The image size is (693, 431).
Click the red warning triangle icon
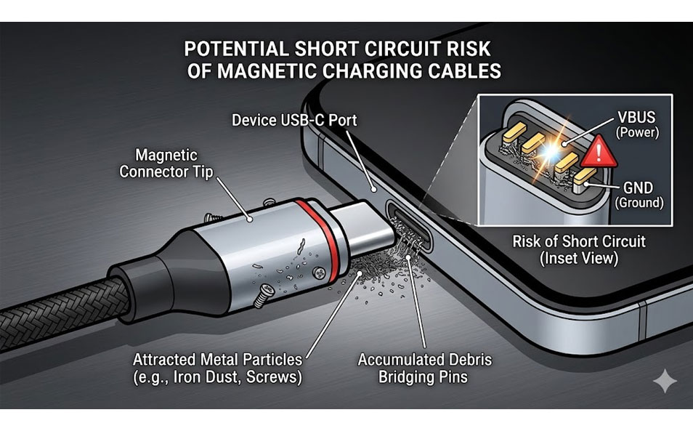599,152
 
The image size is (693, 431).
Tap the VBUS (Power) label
637,124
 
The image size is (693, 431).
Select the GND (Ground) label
639,195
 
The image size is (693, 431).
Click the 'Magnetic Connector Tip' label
166,163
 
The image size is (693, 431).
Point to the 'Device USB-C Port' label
294,120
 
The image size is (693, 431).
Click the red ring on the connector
317,241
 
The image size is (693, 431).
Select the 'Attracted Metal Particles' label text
217,360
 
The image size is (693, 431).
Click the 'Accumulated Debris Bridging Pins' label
424,368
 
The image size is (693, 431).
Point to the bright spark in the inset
550,150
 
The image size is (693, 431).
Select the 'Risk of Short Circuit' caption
579,241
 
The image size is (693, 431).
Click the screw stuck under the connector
264,296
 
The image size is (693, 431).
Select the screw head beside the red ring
319,273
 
